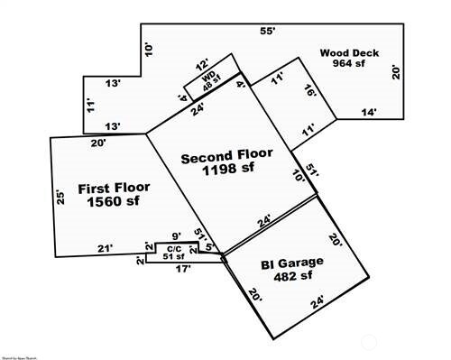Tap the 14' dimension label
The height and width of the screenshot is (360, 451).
pyautogui.click(x=369, y=112)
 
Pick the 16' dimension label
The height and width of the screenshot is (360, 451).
pyautogui.click(x=309, y=92)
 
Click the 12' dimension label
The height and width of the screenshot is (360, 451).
pyautogui.click(x=202, y=64)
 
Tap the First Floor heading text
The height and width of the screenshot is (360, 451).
pyautogui.click(x=114, y=189)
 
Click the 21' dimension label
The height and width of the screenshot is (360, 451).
pyautogui.click(x=106, y=249)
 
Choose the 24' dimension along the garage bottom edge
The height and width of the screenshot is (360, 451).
pyautogui.click(x=316, y=301)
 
